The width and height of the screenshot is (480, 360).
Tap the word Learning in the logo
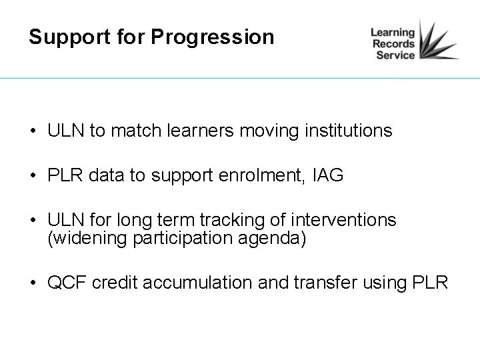tap(393, 32)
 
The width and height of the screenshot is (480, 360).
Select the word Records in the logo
tap(393, 44)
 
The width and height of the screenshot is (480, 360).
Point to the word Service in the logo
tap(395, 56)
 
